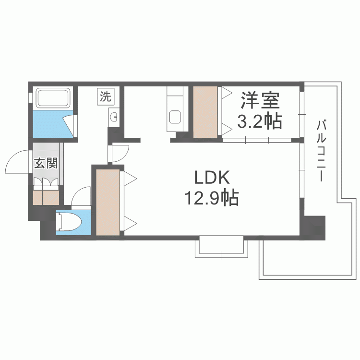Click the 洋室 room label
[x=260, y=100]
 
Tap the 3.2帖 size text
[x=259, y=121]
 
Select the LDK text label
[x=212, y=178]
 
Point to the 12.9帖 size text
[x=212, y=198]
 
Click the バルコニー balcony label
[x=322, y=151]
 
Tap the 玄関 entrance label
[x=46, y=163]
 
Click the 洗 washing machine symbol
[x=106, y=96]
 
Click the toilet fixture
[x=69, y=222]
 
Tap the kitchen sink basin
[x=175, y=117]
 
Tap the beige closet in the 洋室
[x=205, y=112]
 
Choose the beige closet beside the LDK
[x=108, y=202]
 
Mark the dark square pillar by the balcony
[x=314, y=228]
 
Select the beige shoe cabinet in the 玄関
[x=46, y=197]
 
